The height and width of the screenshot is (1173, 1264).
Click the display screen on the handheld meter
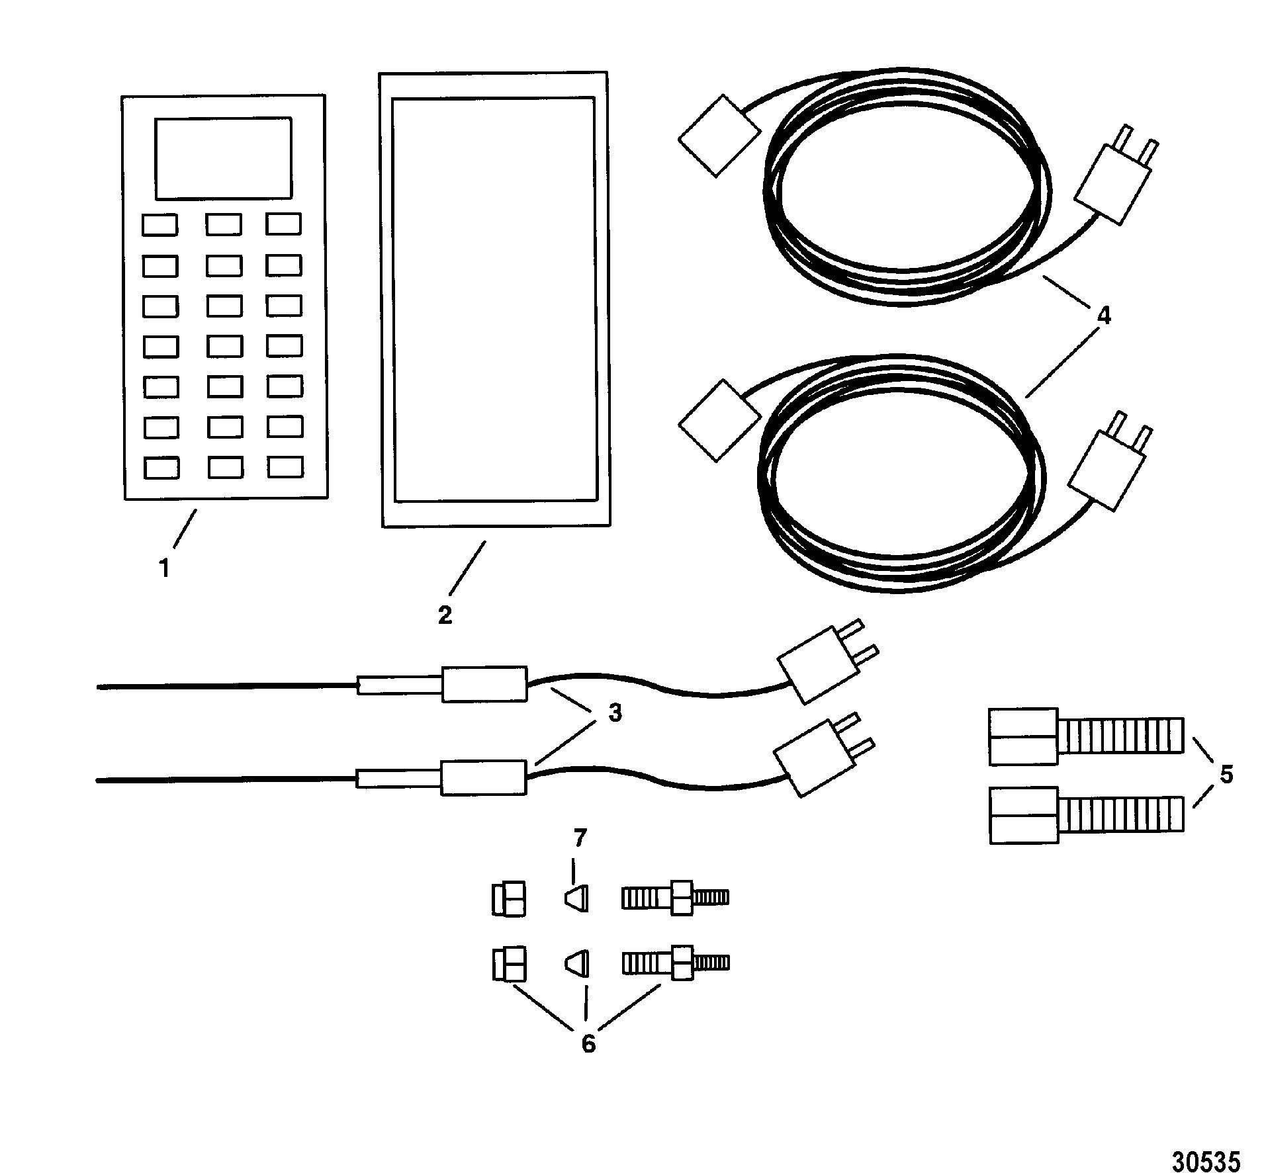[x=223, y=158]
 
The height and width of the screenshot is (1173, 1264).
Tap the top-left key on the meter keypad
[x=159, y=225]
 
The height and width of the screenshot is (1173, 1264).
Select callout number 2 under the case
[x=445, y=615]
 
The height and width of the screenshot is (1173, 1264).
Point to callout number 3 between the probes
[x=615, y=713]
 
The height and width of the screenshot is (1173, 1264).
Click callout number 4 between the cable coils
[x=1103, y=316]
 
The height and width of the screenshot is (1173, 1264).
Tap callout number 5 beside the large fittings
[x=1226, y=774]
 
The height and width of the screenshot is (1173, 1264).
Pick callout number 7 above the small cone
[x=580, y=839]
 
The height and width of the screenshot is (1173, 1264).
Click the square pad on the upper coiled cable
[x=719, y=136]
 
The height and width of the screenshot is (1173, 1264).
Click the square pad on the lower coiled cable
[x=719, y=420]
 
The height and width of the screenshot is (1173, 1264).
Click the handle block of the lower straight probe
[x=484, y=777]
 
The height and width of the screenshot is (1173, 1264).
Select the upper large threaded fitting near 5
[x=1085, y=736]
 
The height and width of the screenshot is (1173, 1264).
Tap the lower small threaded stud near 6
[x=675, y=963]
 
